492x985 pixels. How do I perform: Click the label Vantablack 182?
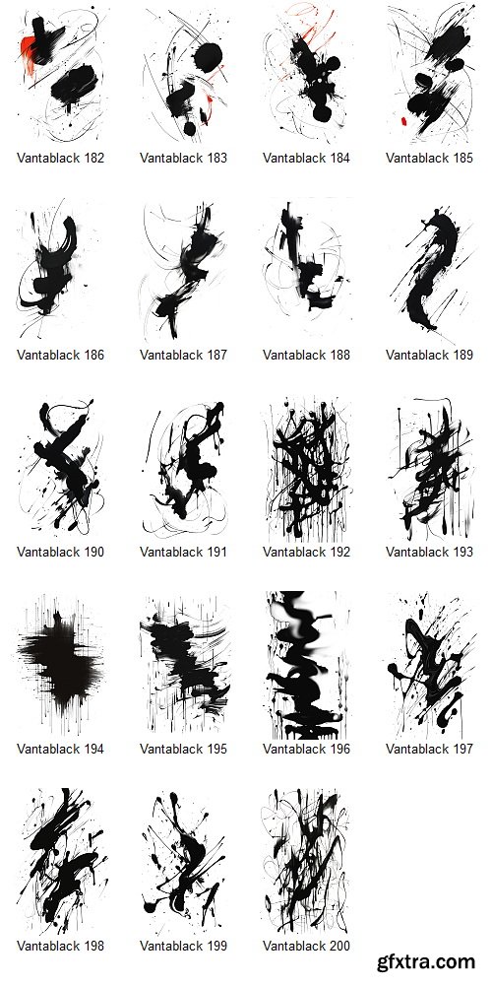(61, 158)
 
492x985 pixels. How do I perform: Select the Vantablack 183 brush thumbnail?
(184, 74)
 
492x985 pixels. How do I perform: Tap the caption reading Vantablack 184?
(307, 158)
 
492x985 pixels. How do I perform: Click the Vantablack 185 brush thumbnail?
(430, 74)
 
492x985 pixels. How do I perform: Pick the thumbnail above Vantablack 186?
(61, 271)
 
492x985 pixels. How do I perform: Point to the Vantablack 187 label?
(184, 355)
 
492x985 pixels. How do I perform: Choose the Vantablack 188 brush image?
(307, 271)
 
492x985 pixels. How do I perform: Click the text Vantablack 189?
(430, 355)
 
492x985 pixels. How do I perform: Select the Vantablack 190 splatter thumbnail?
(61, 468)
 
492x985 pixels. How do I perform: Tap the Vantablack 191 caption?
(184, 552)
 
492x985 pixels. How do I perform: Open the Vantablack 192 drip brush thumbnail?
(307, 468)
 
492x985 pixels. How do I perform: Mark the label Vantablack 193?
(430, 552)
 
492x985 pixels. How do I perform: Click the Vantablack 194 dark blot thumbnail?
(61, 665)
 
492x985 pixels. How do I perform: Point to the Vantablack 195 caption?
(184, 749)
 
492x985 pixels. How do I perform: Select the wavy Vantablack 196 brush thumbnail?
(307, 665)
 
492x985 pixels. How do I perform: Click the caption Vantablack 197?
(430, 749)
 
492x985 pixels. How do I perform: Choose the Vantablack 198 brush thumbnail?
(61, 862)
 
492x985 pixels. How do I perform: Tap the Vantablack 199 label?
(184, 946)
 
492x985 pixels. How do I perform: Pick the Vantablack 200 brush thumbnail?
(307, 862)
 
